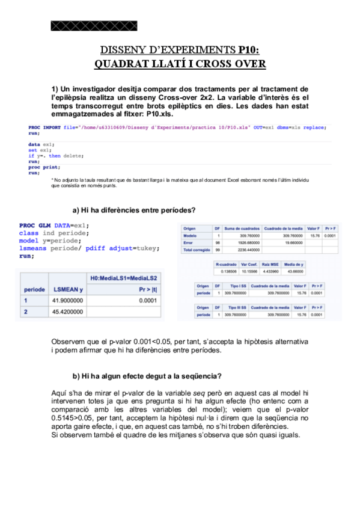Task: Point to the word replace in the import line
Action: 314,127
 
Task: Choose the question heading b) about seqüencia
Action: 147,376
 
